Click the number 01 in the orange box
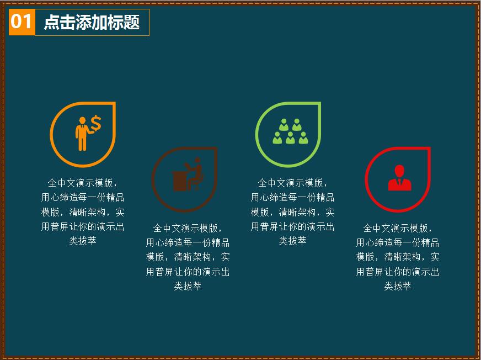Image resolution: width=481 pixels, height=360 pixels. [x=22, y=22]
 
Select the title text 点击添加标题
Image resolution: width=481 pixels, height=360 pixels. [x=92, y=22]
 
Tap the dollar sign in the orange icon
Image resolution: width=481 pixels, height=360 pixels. [x=96, y=124]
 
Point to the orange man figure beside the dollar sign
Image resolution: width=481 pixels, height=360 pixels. [x=82, y=134]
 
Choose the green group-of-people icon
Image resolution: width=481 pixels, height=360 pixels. [x=290, y=133]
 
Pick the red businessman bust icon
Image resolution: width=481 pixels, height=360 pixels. [x=399, y=178]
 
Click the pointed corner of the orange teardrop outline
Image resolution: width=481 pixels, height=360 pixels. [x=114, y=104]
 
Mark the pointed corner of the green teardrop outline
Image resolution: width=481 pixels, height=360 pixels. [x=319, y=104]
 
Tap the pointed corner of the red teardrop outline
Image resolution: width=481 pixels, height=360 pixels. [x=429, y=149]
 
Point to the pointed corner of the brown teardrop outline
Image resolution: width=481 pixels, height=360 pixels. [x=215, y=149]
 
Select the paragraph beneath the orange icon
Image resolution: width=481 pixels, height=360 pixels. [x=83, y=212]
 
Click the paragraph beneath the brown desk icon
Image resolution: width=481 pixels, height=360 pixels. [x=188, y=257]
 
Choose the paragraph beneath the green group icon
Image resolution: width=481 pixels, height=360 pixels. [x=292, y=212]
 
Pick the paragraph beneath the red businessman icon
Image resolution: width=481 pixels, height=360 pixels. [x=398, y=257]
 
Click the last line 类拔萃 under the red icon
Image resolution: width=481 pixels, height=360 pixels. [x=398, y=287]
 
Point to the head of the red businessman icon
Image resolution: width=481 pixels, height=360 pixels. [x=399, y=171]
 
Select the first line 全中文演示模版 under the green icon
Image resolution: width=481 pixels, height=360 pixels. [x=292, y=183]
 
